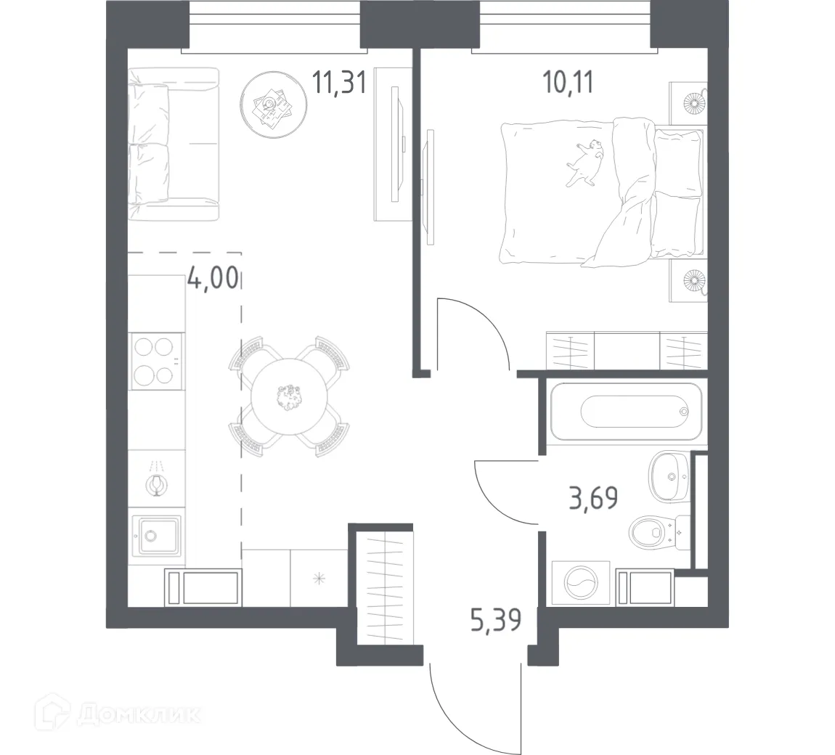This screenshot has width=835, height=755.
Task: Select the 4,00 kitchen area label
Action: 212,277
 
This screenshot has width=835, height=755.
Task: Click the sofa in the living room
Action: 172,144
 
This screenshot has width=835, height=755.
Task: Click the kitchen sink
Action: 156,536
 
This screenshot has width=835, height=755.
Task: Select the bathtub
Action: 627,412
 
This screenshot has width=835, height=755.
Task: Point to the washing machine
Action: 579,583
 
